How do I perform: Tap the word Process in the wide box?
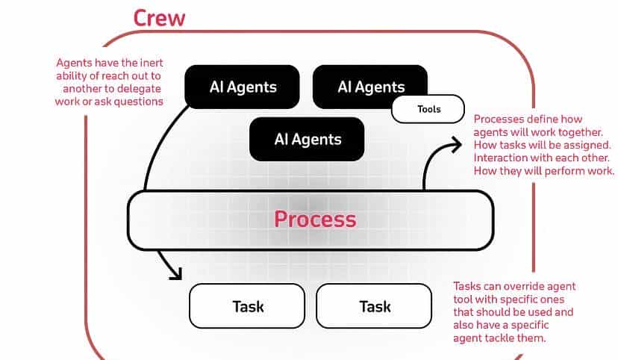(315, 219)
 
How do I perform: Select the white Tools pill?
(428, 109)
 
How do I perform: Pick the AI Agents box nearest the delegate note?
(243, 87)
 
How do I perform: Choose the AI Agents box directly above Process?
(308, 139)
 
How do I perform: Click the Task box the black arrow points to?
(248, 306)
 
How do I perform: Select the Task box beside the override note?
(375, 306)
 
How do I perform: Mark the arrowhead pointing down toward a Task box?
(176, 274)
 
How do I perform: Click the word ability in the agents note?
(72, 75)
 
